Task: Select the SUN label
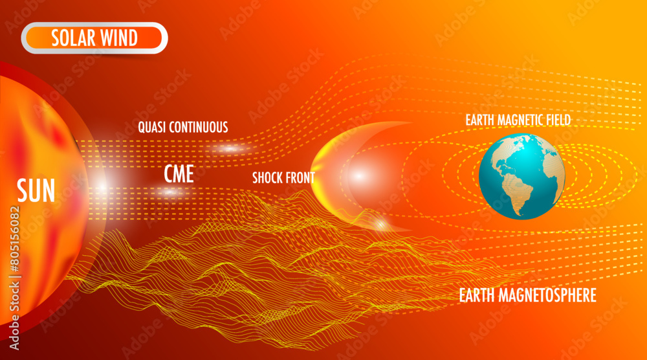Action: point(36,191)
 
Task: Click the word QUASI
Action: point(153,127)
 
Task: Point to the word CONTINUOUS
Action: point(199,127)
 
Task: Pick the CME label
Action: point(179,173)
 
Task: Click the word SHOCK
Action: point(268,177)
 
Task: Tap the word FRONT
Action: point(302,177)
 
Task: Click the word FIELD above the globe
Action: point(556,120)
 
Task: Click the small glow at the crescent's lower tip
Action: point(381,225)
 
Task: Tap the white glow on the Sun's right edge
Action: point(102,187)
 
